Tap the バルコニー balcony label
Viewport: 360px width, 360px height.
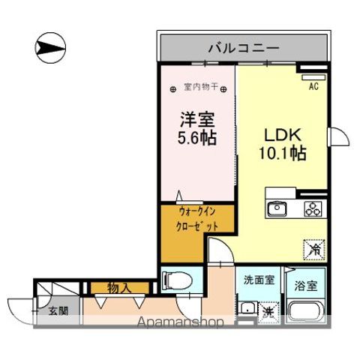pos(244,48)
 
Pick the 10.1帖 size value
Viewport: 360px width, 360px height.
pos(282,154)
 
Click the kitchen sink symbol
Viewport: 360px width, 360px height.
pos(277,208)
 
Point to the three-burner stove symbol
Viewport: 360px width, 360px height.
pos(312,208)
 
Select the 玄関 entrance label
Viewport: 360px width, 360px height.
pos(59,310)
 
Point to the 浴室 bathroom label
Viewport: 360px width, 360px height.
pos(305,285)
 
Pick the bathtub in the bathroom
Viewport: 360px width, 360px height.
pos(307,312)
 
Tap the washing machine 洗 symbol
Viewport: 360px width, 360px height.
pos(267,310)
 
